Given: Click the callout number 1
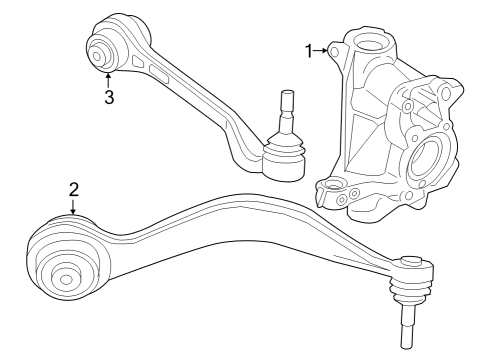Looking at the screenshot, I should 310,49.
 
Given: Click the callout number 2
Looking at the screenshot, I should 73,187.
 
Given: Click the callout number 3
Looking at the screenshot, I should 108,97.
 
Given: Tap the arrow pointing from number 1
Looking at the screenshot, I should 324,49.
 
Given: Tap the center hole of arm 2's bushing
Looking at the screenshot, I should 67,277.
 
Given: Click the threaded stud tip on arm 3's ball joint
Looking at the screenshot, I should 287,99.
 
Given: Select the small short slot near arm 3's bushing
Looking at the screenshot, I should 136,61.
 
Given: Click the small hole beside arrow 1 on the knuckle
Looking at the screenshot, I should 341,48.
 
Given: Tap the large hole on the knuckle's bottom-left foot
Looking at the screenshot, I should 329,186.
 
